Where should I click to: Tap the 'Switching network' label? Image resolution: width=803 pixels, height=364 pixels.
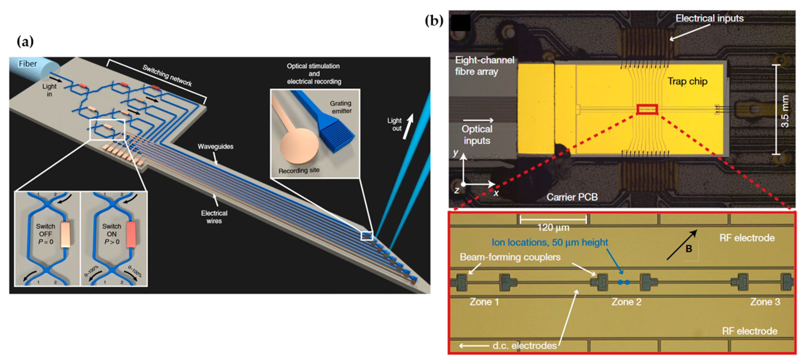tap(167, 75)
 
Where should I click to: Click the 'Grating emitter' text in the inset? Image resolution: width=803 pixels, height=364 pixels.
tap(341, 107)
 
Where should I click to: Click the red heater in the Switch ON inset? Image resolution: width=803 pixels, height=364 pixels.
tap(131, 234)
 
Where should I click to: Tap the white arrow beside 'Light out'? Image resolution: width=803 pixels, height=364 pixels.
tap(408, 126)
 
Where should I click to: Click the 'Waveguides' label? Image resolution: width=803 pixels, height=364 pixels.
tap(215, 146)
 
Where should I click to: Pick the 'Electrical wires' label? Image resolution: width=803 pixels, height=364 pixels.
tap(214, 217)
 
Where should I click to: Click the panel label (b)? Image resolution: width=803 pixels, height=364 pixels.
tap(434, 21)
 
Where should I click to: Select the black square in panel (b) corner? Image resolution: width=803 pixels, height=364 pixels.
tap(460, 22)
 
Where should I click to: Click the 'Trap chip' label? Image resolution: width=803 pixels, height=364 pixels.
tap(687, 81)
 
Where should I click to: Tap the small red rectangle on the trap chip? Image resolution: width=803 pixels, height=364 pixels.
tap(647, 109)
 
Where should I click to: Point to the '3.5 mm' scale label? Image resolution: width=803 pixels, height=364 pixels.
tap(785, 111)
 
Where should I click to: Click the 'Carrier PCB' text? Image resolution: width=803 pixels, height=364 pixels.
tap(572, 197)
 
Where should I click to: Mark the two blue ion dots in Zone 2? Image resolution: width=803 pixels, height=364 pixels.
tap(624, 282)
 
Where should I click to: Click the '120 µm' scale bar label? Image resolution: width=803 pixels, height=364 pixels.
tap(553, 227)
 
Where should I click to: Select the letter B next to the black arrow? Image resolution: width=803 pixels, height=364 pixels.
tap(689, 249)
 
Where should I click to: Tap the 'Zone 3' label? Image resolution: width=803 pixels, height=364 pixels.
tap(765, 302)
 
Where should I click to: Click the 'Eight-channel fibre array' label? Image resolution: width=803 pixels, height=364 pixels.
tap(484, 66)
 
